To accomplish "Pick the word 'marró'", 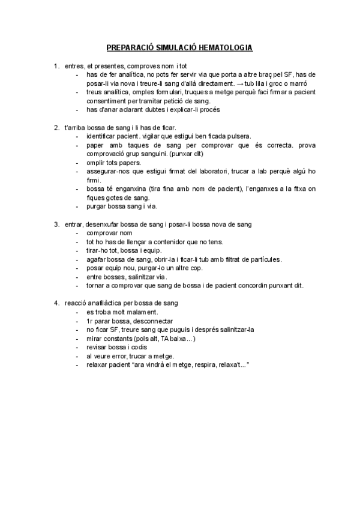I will [x=306, y=83].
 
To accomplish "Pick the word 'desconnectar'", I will [x=142, y=321].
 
